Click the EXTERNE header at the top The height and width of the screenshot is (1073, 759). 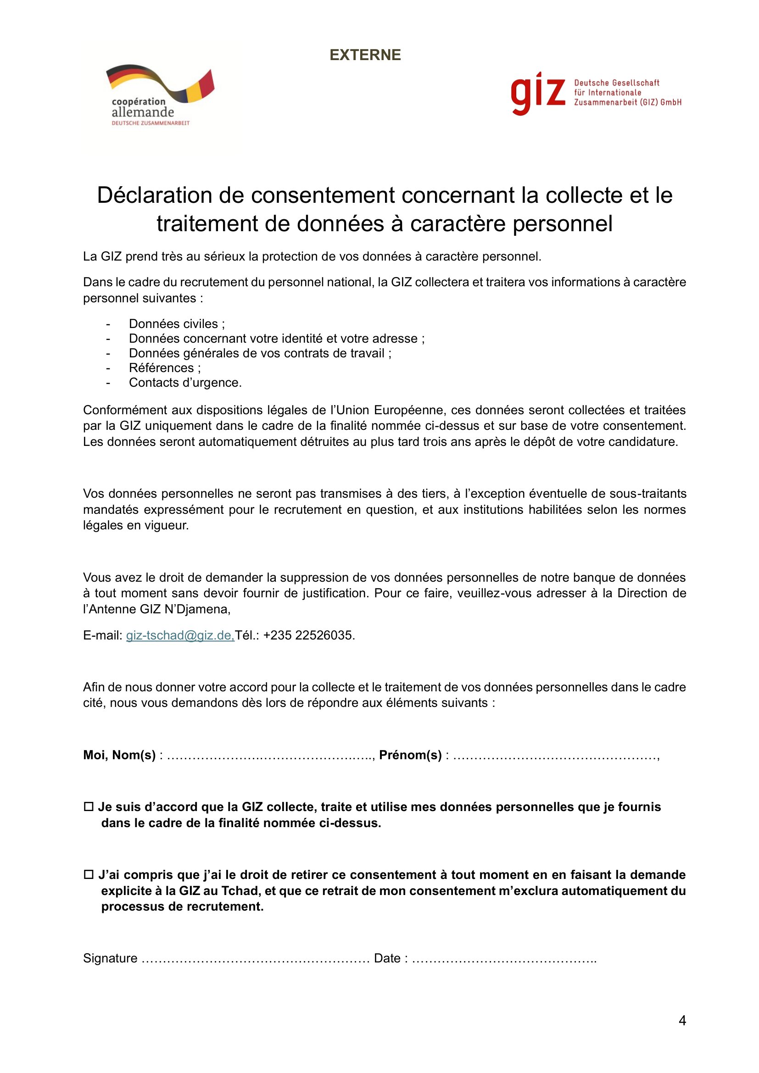click(x=365, y=55)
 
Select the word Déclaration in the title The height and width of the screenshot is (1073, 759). click(x=154, y=195)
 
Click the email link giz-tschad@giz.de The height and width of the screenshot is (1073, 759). click(x=180, y=635)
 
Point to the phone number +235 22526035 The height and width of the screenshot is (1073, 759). click(x=308, y=635)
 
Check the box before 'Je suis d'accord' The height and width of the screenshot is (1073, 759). click(x=88, y=807)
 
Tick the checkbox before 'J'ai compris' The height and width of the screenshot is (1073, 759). click(x=88, y=875)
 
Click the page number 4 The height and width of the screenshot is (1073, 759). click(x=682, y=1021)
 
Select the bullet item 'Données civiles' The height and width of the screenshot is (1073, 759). click(x=177, y=324)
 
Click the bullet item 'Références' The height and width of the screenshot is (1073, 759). click(x=165, y=368)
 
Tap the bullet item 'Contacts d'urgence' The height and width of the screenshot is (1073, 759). click(x=185, y=383)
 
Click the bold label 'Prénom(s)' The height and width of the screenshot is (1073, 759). click(x=410, y=755)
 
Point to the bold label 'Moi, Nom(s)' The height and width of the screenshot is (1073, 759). click(x=119, y=755)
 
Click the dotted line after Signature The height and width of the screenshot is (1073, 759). click(x=255, y=958)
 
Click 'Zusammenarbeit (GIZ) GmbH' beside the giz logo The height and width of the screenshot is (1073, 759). click(x=628, y=102)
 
